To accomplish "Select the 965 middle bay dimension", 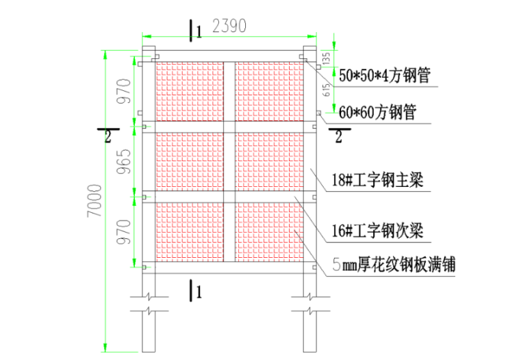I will (123, 162).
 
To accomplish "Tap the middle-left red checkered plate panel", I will (188, 161).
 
